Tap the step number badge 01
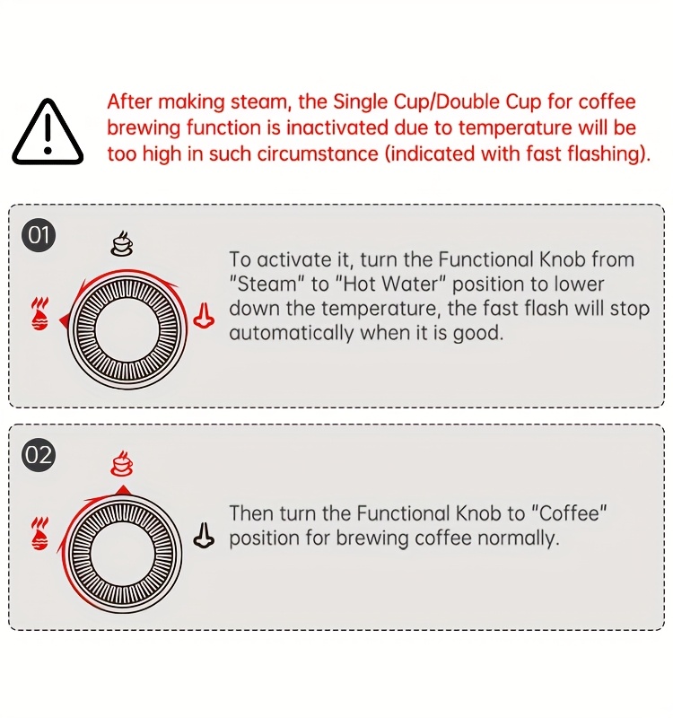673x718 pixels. [x=39, y=235]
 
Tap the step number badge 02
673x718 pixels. [x=39, y=456]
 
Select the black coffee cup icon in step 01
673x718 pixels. [x=122, y=242]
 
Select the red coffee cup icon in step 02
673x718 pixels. [x=122, y=463]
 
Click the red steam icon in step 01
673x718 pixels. [x=39, y=313]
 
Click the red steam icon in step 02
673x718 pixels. [x=39, y=533]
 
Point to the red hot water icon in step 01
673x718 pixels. [x=204, y=316]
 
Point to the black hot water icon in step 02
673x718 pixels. [x=204, y=535]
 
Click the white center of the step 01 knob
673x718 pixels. [x=127, y=329]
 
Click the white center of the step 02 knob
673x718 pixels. [x=122, y=553]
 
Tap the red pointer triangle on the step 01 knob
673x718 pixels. [x=64, y=320]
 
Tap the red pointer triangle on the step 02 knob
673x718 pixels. [x=122, y=490]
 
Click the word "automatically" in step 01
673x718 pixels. [x=292, y=333]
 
